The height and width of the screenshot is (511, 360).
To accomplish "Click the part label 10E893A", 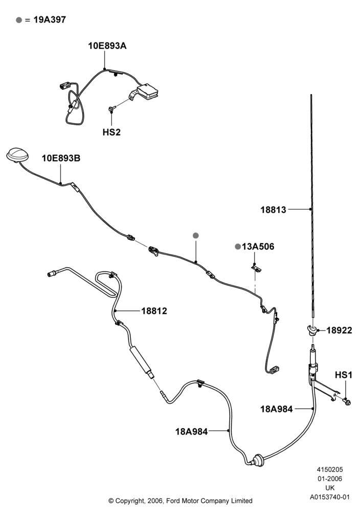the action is click(x=107, y=46).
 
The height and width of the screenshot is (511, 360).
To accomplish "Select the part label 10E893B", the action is click(x=61, y=158).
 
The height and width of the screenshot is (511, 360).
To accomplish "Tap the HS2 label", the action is click(x=111, y=132).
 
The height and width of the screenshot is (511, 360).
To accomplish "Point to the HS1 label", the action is click(x=344, y=375).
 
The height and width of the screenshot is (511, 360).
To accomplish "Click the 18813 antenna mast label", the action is click(x=273, y=210).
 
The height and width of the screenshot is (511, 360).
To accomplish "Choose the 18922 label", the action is click(x=339, y=331).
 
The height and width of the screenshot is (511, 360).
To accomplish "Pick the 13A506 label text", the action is click(x=258, y=247).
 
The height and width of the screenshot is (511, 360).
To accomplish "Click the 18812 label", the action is click(x=154, y=311).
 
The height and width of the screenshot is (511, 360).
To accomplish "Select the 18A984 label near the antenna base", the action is click(x=277, y=409).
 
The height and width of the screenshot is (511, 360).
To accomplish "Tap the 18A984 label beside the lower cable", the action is click(x=191, y=432).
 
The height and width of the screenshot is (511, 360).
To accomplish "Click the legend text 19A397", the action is click(x=50, y=20).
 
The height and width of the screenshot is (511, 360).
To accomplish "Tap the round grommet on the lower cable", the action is click(x=259, y=460).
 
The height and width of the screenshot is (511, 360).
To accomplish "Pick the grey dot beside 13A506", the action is click(x=238, y=247).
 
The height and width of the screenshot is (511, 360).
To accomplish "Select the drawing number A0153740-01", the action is click(x=330, y=497).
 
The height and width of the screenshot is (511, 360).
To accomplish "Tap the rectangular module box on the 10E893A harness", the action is click(x=147, y=90).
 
